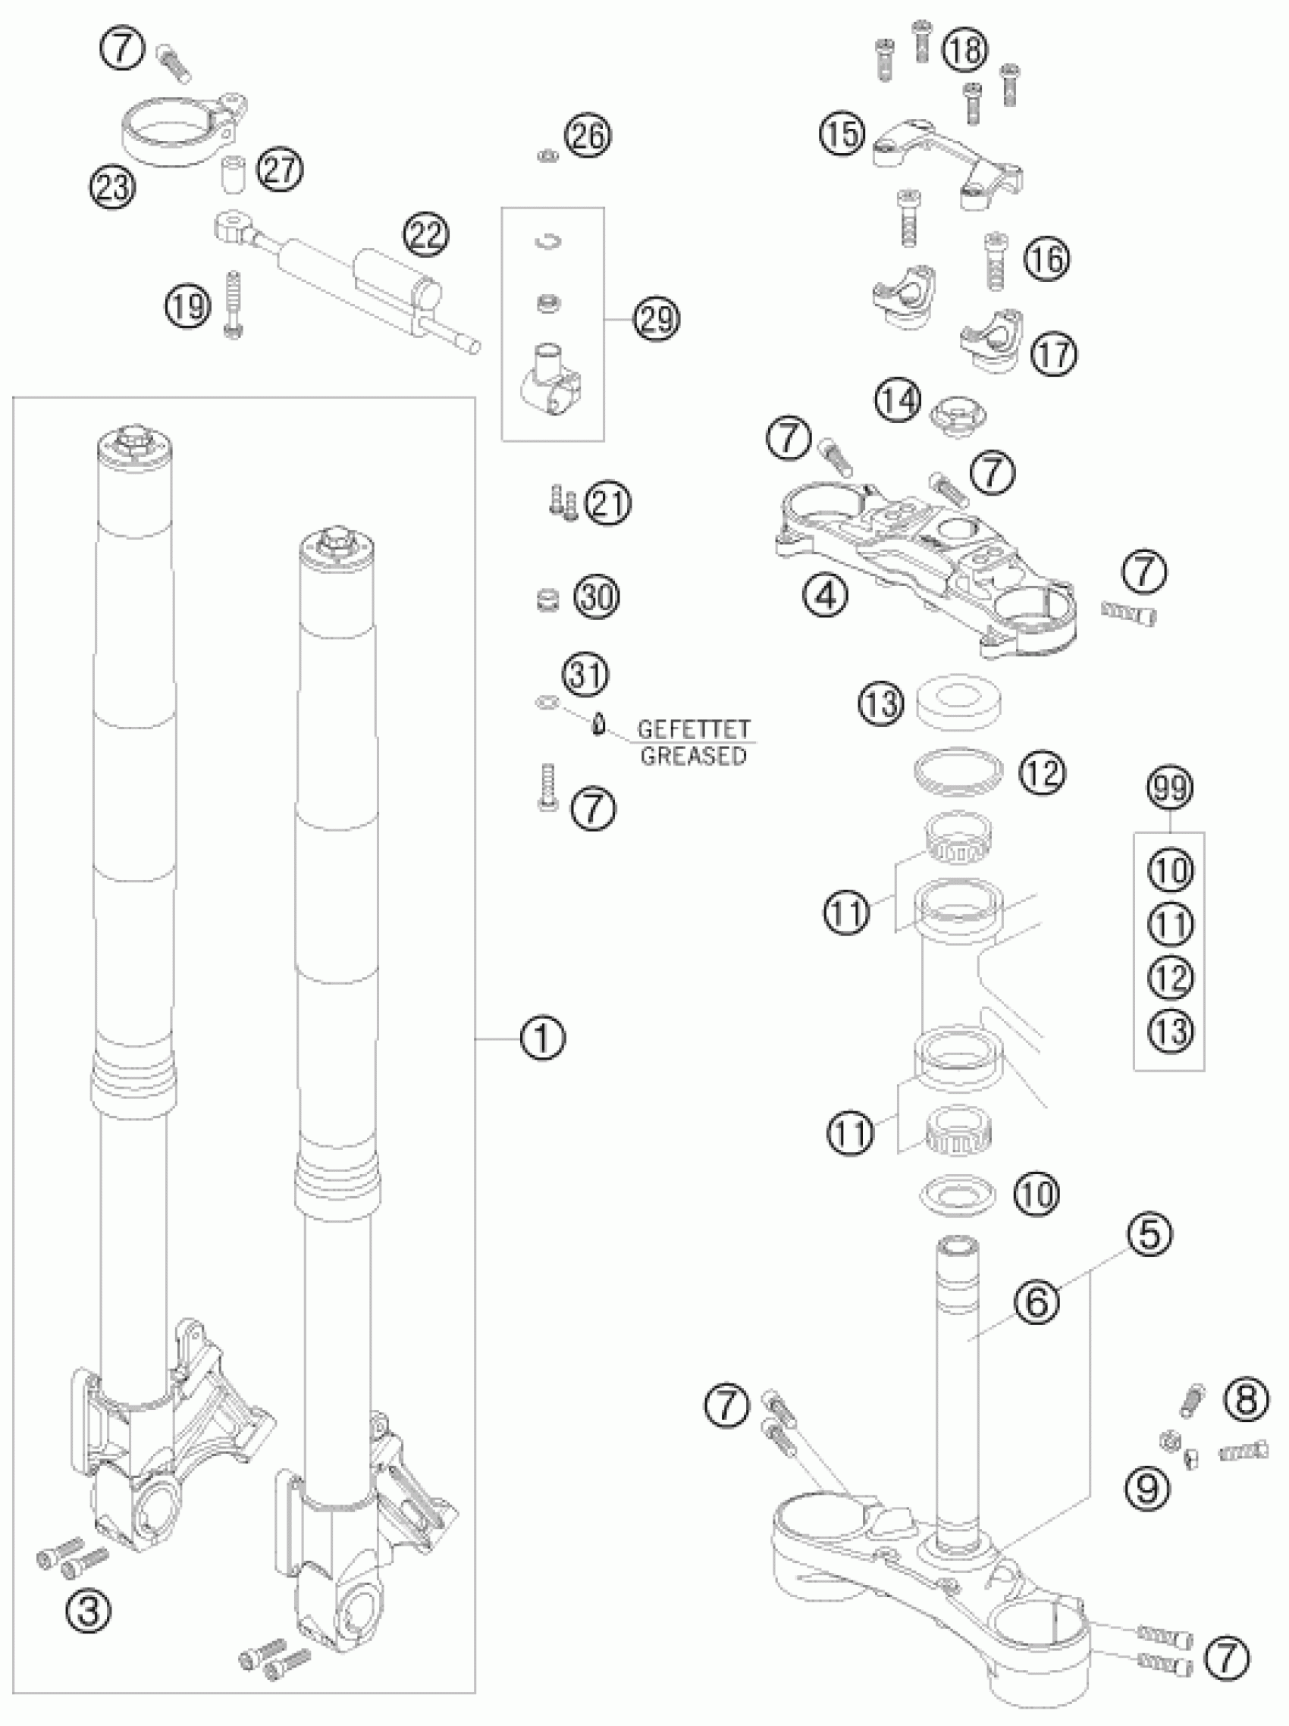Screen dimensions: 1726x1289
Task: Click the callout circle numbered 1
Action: [x=543, y=1038]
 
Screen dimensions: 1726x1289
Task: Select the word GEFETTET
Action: [x=694, y=730]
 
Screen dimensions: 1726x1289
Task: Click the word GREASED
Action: [x=694, y=756]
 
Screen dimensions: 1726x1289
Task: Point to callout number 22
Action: [x=426, y=235]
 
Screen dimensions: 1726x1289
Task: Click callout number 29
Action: [x=656, y=319]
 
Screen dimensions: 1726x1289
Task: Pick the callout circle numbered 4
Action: [x=826, y=597]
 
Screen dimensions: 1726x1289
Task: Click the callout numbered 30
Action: [x=597, y=597]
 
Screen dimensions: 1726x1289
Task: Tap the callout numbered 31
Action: [x=587, y=674]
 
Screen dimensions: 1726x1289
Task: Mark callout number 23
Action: [x=113, y=188]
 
